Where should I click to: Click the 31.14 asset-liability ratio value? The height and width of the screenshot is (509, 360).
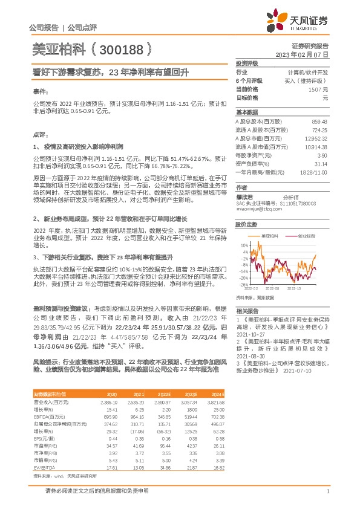coord(320,164)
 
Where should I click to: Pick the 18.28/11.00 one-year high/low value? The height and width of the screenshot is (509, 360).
coord(314,172)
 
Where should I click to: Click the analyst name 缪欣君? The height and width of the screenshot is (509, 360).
coord(244,197)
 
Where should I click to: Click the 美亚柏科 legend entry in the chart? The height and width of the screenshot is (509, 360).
coord(269,235)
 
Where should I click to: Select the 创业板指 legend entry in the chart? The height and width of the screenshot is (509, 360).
coord(306,235)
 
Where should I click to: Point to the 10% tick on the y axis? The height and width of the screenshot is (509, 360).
coord(244,246)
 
